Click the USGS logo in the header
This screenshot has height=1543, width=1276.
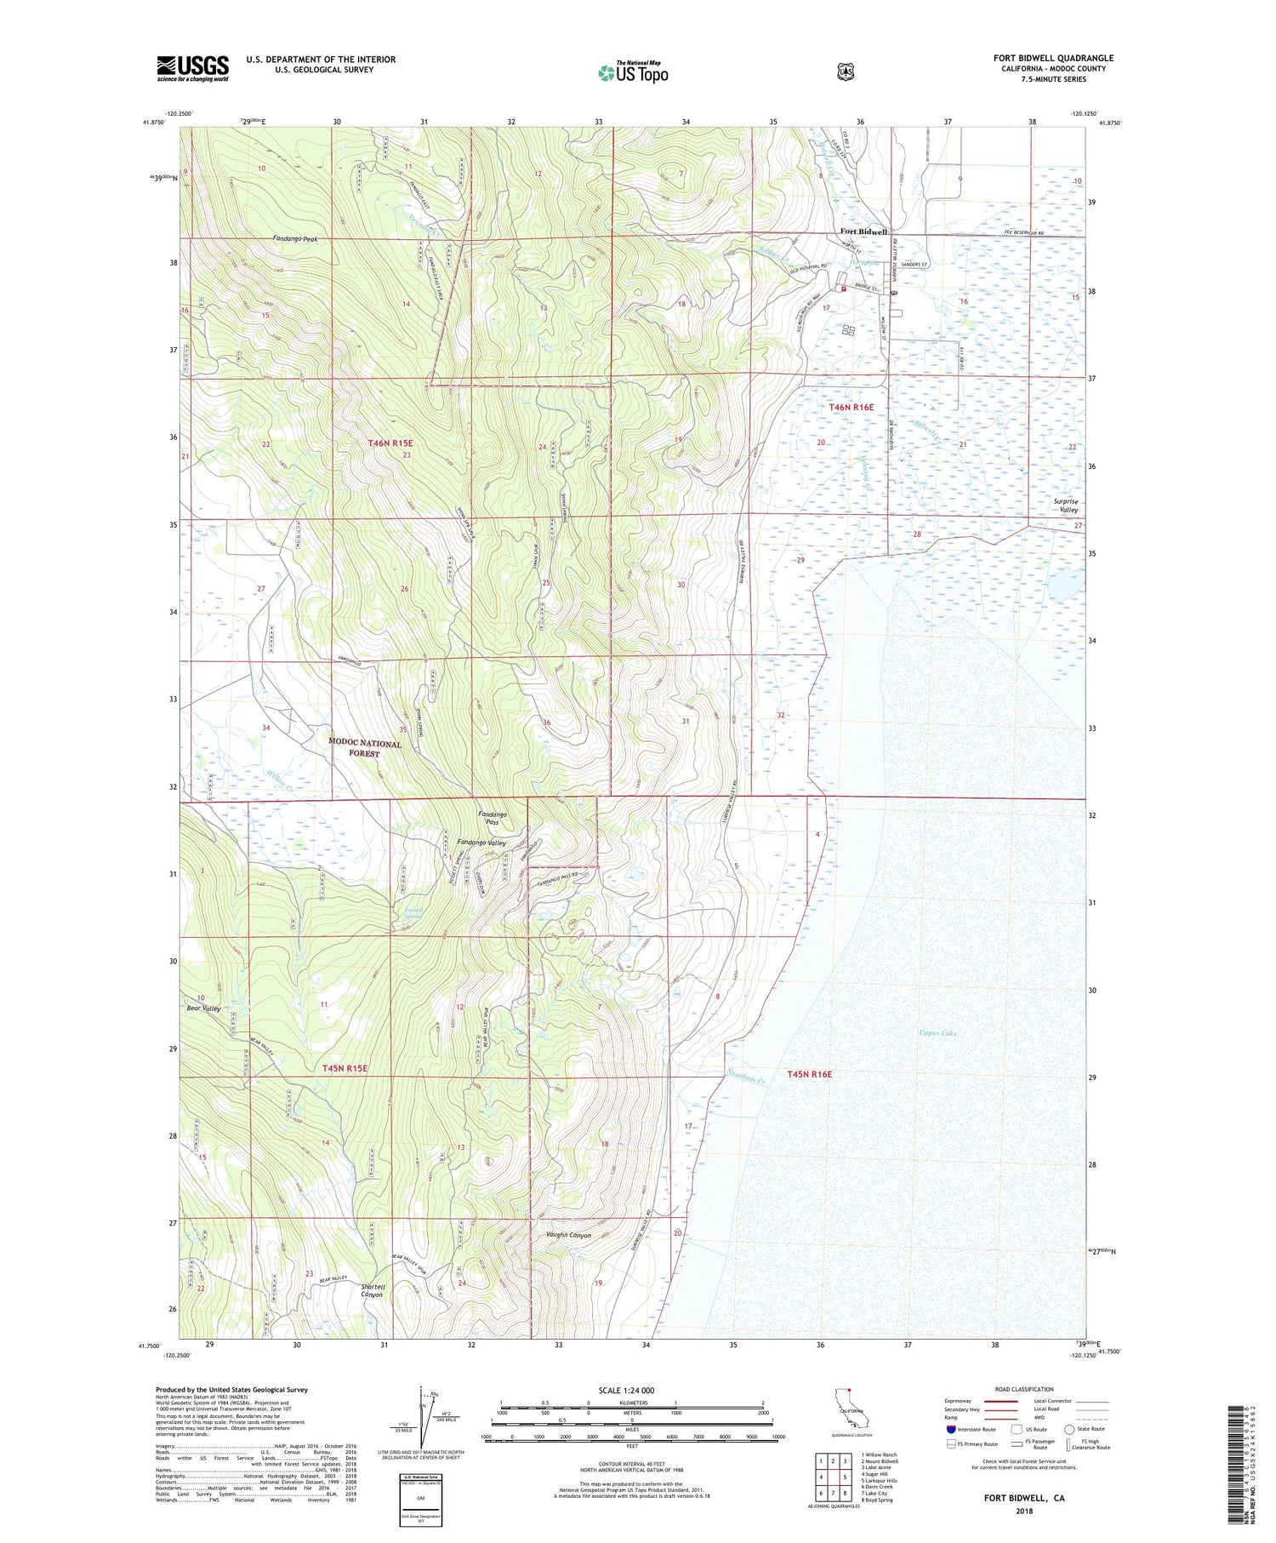tap(192, 68)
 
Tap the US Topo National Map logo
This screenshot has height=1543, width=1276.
tap(633, 72)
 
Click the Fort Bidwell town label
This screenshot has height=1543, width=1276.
tap(863, 231)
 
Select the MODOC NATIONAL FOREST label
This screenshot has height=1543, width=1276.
tap(365, 748)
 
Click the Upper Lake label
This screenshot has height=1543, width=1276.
tap(937, 1033)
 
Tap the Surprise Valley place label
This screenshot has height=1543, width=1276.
tap(1065, 506)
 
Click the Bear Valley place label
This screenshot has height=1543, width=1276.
tap(203, 1009)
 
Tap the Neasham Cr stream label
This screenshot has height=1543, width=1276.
tap(747, 1077)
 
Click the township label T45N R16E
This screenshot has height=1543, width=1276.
tap(809, 1074)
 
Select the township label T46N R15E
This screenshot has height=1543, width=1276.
tap(390, 443)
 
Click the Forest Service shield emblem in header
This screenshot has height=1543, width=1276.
tap(845, 72)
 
